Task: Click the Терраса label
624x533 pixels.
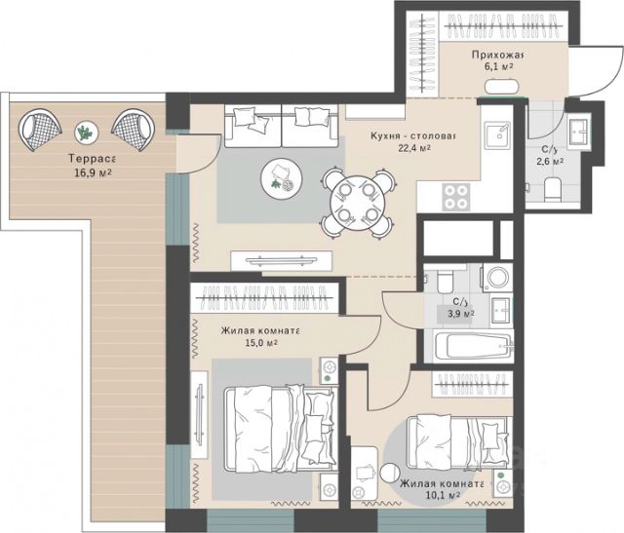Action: coord(92,159)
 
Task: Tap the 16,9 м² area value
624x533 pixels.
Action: coord(93,172)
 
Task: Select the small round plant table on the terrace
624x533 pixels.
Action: coord(87,133)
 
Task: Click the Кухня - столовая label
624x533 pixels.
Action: coord(412,135)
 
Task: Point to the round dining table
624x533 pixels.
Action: coord(358,204)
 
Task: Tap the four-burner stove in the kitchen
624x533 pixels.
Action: coord(455,197)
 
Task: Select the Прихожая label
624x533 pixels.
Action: coord(497,55)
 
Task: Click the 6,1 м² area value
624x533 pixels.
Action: coord(498,66)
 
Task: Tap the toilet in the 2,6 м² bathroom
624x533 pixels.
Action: coord(552,188)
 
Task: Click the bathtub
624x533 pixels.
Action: coord(473,346)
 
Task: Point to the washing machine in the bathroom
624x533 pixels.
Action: coord(498,277)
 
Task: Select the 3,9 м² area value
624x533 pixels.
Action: coord(461,314)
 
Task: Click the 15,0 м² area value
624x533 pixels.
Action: coord(261,343)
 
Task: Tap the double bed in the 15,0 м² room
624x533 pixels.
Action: coord(280,429)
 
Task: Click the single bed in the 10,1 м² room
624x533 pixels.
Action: coord(457,440)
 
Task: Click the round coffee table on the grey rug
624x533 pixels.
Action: coord(282,177)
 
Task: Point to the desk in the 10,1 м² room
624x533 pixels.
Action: coord(365,476)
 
